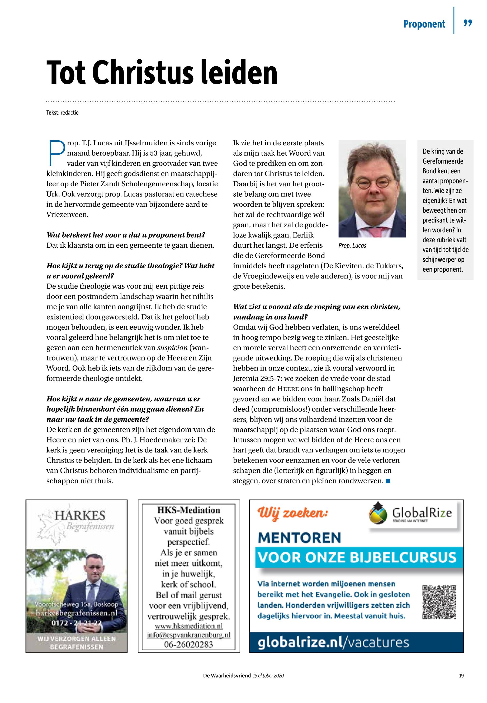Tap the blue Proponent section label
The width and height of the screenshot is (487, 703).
tap(424, 24)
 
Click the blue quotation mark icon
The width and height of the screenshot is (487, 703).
tap(467, 23)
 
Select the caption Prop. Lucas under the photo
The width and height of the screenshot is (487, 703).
tap(352, 246)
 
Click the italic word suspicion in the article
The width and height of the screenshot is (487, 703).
tap(172, 348)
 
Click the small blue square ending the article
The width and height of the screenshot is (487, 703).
tap(388, 481)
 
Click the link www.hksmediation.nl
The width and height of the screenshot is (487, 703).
tap(188, 626)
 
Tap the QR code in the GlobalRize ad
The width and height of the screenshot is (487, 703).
tap(439, 602)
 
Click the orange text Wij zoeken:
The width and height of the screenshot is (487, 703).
tap(293, 512)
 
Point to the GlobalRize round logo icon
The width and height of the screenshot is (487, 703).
tap(378, 513)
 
